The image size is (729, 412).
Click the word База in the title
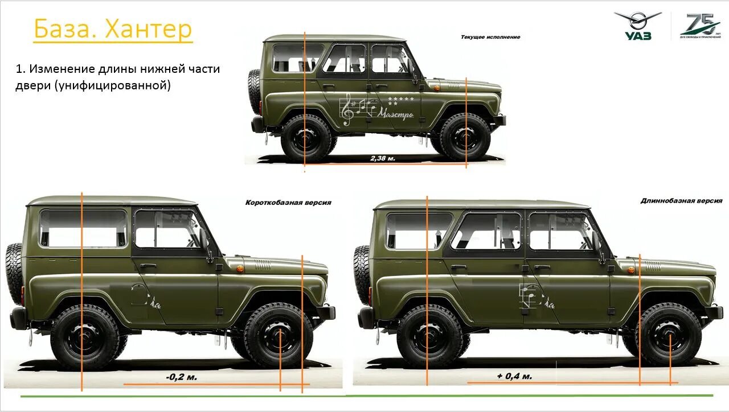click(x=65, y=30)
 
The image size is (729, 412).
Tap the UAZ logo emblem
click(x=637, y=26)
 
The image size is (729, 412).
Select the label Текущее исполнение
click(x=490, y=37)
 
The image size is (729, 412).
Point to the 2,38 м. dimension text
click(x=383, y=158)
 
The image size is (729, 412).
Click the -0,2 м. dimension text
click(x=182, y=377)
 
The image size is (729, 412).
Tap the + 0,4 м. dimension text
click(x=514, y=376)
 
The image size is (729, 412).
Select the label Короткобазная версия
click(x=288, y=203)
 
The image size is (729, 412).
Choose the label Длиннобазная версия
click(x=681, y=201)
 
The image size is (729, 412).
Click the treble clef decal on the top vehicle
click(x=347, y=110)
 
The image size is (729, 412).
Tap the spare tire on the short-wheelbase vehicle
click(x=14, y=273)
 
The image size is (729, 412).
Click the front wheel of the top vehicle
click(x=465, y=137)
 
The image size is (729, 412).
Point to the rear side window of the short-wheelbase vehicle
click(x=83, y=229)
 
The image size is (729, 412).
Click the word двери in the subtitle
click(x=34, y=85)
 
